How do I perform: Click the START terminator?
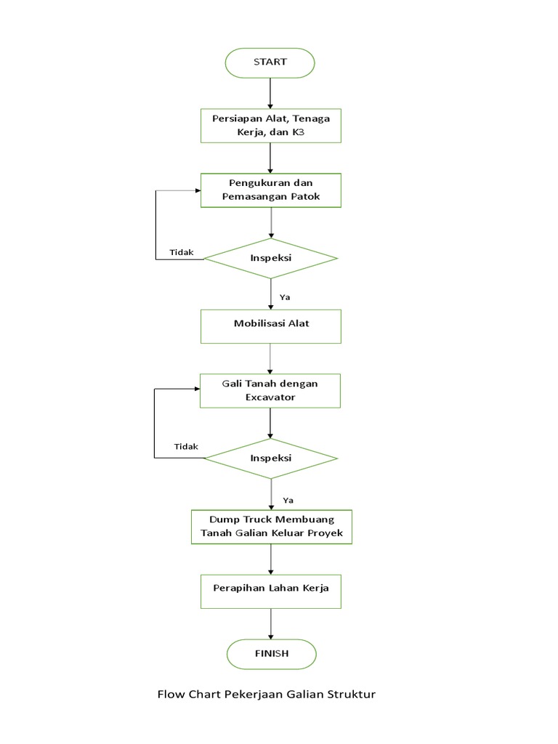(x=270, y=62)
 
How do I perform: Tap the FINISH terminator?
(x=271, y=653)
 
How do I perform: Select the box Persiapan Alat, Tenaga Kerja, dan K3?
(x=270, y=125)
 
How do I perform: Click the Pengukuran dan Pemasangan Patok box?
(x=270, y=190)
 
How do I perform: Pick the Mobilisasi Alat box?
(x=270, y=323)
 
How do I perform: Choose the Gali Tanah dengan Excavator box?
(x=270, y=391)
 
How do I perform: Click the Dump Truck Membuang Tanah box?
(x=271, y=527)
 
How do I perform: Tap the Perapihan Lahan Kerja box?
(x=270, y=588)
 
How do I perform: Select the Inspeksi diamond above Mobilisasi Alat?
(x=270, y=258)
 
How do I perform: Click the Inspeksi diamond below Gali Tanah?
(x=270, y=458)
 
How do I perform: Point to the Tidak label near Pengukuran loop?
(x=182, y=252)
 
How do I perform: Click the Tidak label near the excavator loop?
(x=186, y=446)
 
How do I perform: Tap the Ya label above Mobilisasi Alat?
(x=285, y=297)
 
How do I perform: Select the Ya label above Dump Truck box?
(x=288, y=500)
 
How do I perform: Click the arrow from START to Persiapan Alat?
(x=270, y=92)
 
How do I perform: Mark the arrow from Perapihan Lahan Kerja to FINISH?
(x=270, y=623)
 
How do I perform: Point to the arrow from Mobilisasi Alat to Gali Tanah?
(x=270, y=358)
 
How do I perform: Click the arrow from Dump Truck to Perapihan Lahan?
(x=270, y=559)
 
